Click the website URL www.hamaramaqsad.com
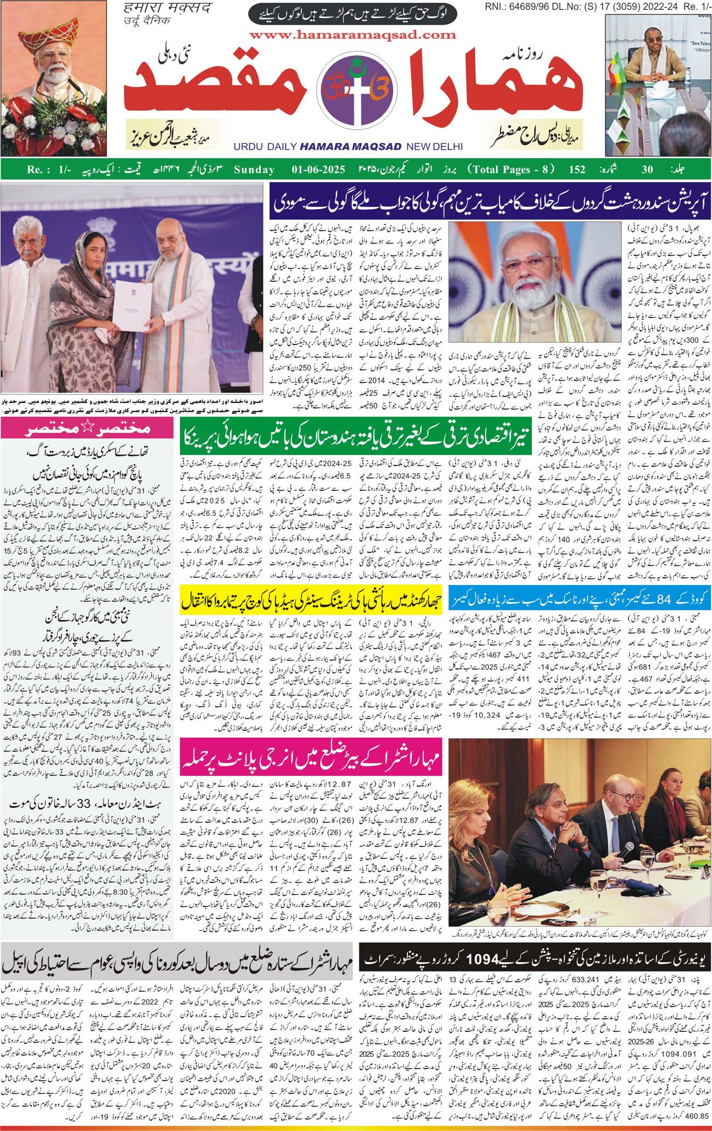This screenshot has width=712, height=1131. (x=353, y=35)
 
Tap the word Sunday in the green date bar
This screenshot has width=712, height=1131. (x=254, y=169)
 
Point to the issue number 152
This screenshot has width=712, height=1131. (x=577, y=169)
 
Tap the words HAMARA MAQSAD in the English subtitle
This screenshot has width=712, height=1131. (x=351, y=146)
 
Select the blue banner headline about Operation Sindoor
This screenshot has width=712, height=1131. (x=490, y=203)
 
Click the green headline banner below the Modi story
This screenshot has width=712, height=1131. (x=356, y=438)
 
